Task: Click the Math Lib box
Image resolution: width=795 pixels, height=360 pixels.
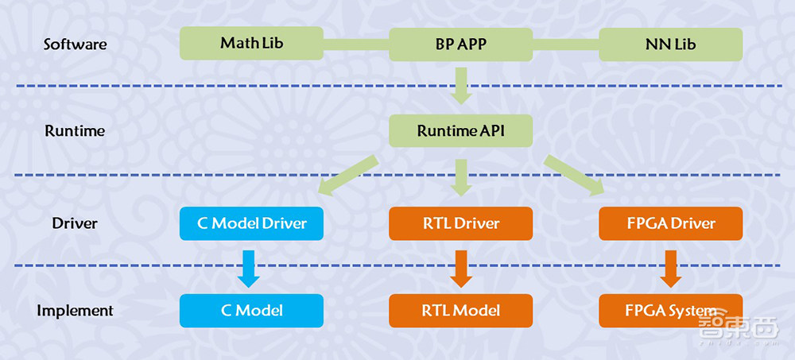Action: tap(251, 44)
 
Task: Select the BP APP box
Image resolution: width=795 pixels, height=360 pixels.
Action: tap(461, 44)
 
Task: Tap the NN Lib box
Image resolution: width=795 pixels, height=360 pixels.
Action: tap(670, 44)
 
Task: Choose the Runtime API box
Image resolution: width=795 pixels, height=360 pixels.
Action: tap(461, 130)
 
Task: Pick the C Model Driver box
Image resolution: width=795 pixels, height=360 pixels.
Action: tap(251, 223)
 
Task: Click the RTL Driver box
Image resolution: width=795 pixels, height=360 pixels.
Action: tap(461, 223)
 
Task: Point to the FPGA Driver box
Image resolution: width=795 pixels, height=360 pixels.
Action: tap(670, 223)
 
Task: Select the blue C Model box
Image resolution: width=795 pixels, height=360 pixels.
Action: tap(251, 310)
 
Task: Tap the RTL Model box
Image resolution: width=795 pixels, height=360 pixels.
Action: tap(461, 310)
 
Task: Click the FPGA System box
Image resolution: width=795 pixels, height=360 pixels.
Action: tap(670, 310)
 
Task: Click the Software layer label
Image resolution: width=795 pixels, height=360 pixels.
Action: tap(75, 44)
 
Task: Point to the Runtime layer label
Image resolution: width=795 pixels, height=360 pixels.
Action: tap(75, 130)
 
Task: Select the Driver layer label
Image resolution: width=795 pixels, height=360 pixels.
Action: tap(75, 223)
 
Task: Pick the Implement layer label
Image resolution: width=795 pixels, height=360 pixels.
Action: tap(75, 310)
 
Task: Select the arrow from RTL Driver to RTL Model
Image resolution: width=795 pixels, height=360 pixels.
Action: tap(461, 268)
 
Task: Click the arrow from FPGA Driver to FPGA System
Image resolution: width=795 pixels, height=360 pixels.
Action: tap(670, 268)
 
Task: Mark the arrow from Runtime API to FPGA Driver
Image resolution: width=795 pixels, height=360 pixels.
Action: tap(574, 175)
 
